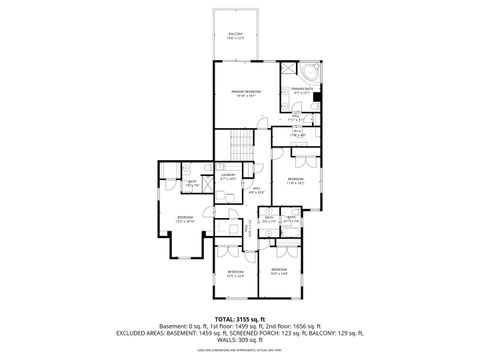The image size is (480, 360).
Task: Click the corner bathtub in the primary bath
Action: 312,72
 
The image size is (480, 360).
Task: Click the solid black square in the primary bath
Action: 317,98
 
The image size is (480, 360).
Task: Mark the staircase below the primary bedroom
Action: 241,145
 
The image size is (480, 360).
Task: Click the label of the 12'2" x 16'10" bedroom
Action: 185,219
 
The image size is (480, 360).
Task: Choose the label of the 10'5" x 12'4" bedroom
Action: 235,273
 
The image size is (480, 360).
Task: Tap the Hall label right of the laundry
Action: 256,189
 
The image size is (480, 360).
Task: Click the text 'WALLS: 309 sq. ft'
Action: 239,342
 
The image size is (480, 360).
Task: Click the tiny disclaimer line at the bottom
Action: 239,351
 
